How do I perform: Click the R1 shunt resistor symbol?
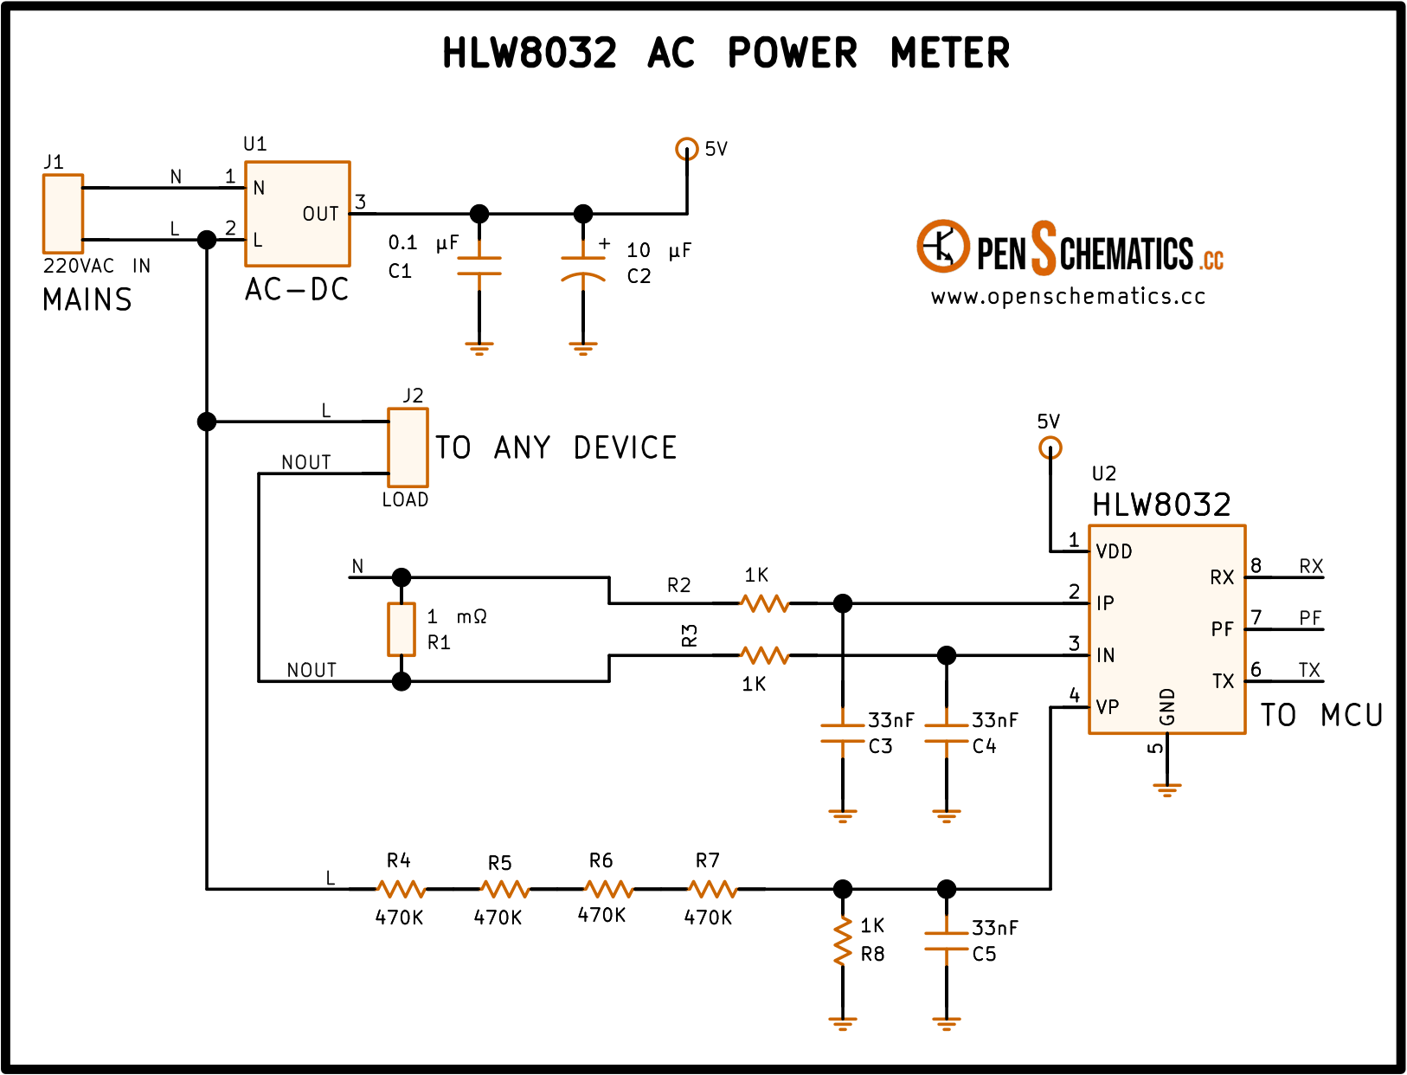click(x=402, y=629)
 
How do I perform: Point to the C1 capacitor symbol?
click(x=479, y=266)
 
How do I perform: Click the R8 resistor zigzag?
click(x=842, y=942)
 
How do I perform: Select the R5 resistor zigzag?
click(x=505, y=889)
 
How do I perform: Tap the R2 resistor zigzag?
click(x=765, y=603)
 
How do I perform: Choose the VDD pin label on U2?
click(x=1114, y=551)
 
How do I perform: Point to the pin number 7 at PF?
click(x=1256, y=617)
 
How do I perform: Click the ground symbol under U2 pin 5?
click(x=1166, y=789)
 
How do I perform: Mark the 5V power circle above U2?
click(x=1050, y=447)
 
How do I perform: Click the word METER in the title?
click(x=950, y=53)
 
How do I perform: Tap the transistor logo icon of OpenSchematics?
click(x=943, y=246)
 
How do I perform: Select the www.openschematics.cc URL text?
click(x=1068, y=296)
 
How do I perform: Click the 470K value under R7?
click(x=708, y=918)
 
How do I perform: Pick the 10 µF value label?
click(x=659, y=250)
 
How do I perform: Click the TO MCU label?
click(x=1321, y=715)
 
